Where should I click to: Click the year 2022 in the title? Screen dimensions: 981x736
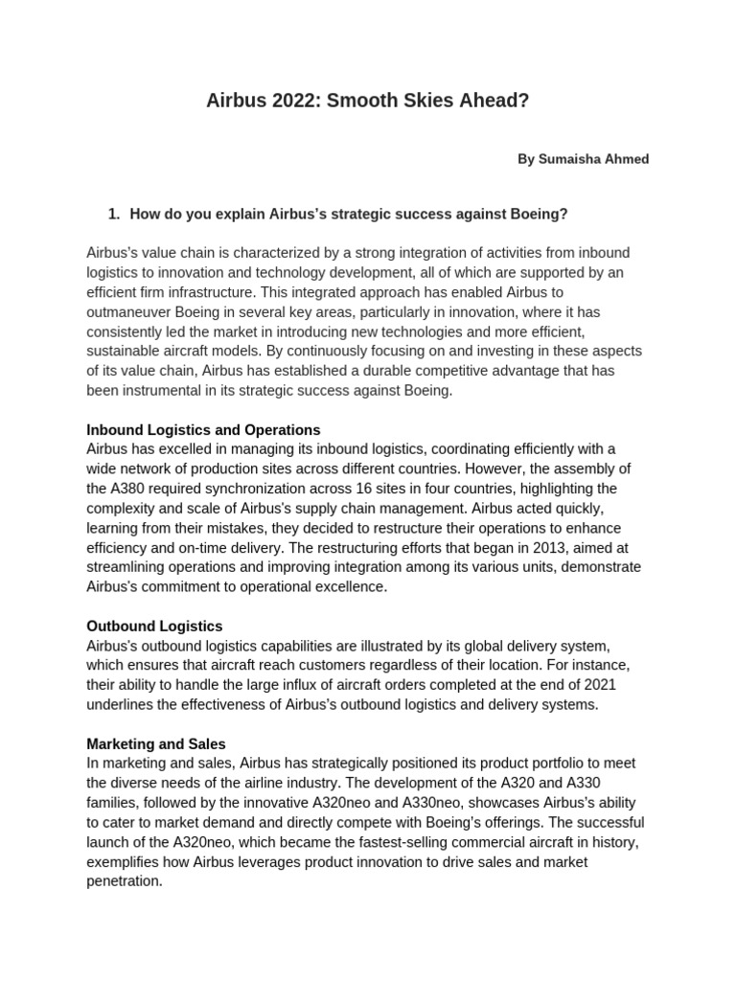pyautogui.click(x=289, y=100)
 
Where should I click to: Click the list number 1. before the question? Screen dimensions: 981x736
pyautogui.click(x=114, y=214)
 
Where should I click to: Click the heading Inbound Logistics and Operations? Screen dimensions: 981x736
pyautogui.click(x=203, y=429)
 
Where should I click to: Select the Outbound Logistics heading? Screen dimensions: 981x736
pyautogui.click(x=154, y=627)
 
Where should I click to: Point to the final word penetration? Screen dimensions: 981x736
pyautogui.click(x=124, y=881)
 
